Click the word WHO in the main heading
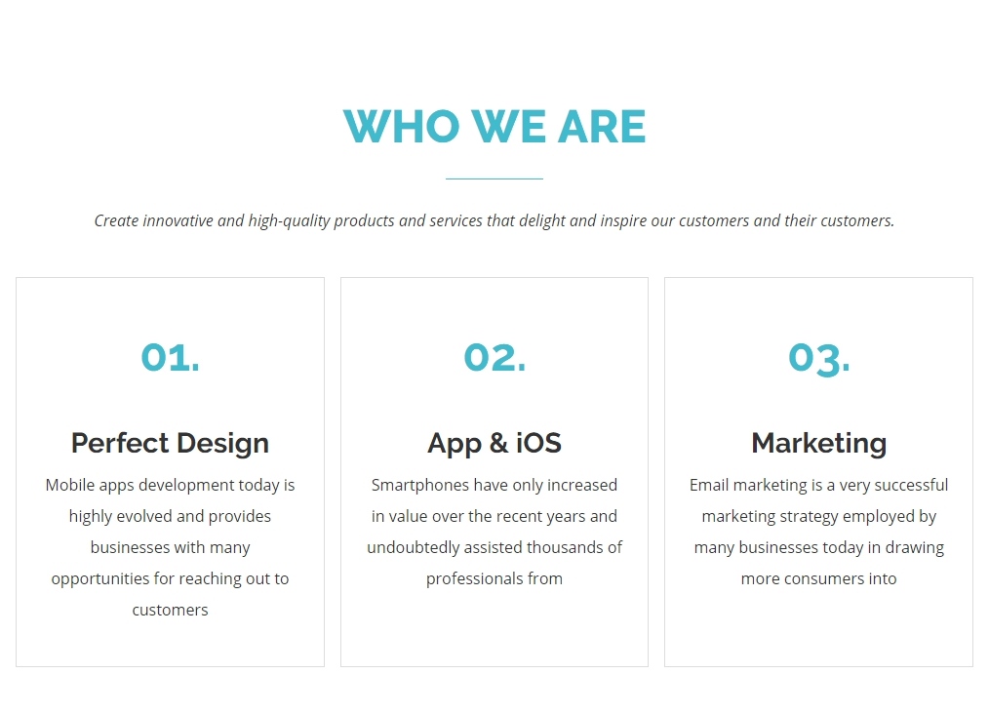coord(402,126)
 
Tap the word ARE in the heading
coord(602,126)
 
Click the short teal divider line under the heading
coord(494,179)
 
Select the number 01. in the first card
coord(171,358)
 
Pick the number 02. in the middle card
coord(494,358)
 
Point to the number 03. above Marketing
coord(818,359)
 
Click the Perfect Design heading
coord(171,444)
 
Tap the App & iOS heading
coord(494,444)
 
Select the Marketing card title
coord(818,444)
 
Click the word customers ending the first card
coord(171,610)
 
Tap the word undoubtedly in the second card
coord(414,547)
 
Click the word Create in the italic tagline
coord(116,220)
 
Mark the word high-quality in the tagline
coord(289,220)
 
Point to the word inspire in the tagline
coord(624,221)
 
